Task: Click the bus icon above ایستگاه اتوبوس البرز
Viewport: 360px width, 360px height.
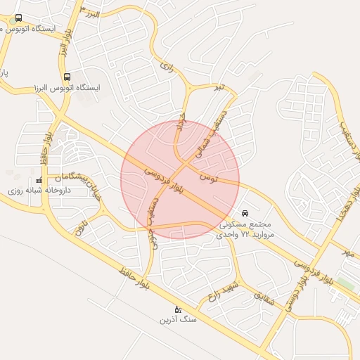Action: tap(67, 77)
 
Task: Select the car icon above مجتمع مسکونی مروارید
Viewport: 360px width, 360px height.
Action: tap(244, 212)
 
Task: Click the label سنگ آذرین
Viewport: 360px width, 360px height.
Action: tap(178, 320)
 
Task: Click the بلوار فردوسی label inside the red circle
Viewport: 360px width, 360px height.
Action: tap(163, 182)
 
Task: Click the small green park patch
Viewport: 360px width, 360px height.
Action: tap(345, 284)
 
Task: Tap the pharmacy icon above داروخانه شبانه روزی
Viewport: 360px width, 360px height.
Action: tap(38, 180)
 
